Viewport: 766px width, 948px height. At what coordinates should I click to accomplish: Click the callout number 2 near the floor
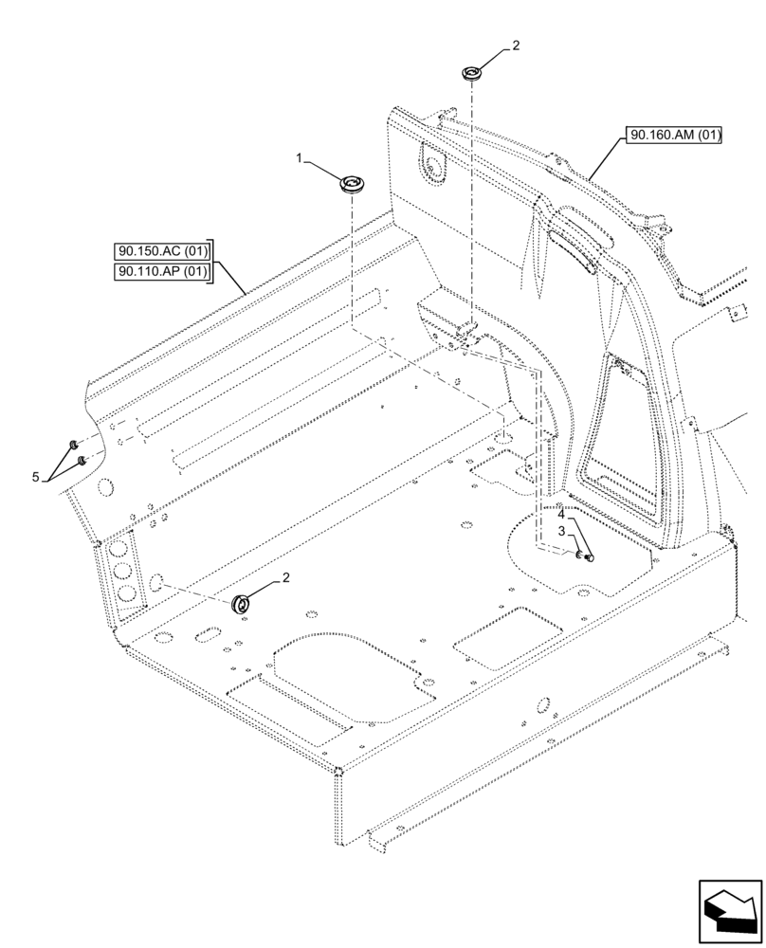285,577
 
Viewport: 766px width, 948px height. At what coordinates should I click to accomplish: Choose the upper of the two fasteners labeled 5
72,445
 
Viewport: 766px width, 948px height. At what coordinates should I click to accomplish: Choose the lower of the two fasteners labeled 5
82,460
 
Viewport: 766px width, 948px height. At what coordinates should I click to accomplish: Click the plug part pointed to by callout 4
588,558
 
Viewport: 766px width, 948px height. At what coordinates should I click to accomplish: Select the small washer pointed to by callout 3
577,556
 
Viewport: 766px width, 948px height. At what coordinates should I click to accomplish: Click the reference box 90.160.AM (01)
674,135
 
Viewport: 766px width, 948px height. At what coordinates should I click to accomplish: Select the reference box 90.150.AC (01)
161,252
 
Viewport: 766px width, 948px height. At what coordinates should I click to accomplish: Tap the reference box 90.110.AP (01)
161,273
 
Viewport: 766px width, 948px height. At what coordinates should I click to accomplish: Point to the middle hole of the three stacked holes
122,572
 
